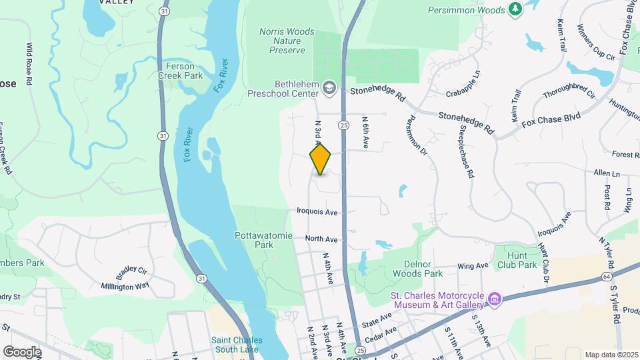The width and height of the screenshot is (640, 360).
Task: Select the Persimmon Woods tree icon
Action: coord(515,9)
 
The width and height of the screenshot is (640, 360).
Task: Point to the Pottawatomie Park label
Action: coord(254,240)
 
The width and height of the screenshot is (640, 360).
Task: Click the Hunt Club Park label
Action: coord(517,260)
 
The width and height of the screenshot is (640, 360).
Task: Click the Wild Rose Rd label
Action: coord(29,64)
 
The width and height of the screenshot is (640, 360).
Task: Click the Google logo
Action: coord(22,351)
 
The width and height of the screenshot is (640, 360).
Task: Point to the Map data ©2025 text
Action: coord(611,355)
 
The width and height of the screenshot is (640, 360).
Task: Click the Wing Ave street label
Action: coord(473,267)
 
